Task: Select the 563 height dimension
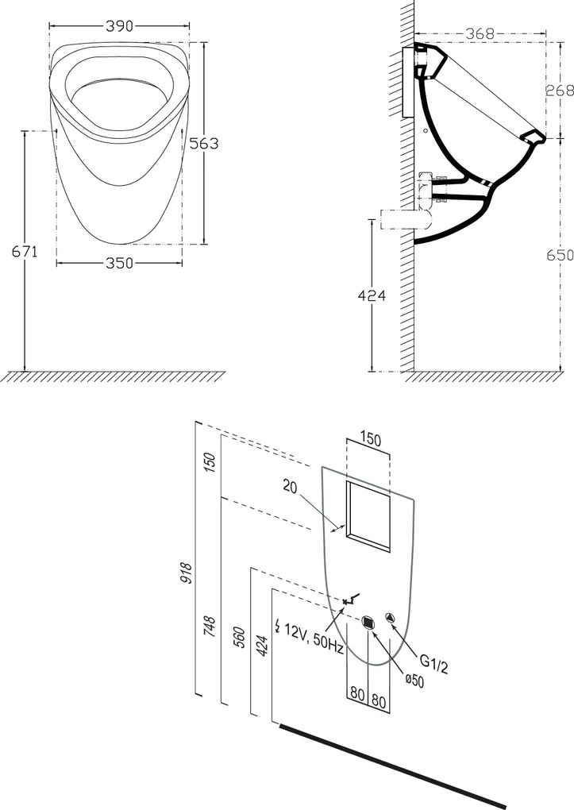pyautogui.click(x=203, y=143)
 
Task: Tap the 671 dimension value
pyautogui.click(x=24, y=252)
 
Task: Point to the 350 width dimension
pyautogui.click(x=119, y=264)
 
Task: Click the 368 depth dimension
pyautogui.click(x=480, y=33)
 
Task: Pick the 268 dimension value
pyautogui.click(x=559, y=90)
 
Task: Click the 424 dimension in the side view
pyautogui.click(x=370, y=295)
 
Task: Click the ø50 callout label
pyautogui.click(x=414, y=680)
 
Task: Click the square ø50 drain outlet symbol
pyautogui.click(x=368, y=623)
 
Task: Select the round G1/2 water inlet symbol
pyautogui.click(x=390, y=618)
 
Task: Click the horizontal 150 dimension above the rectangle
pyautogui.click(x=369, y=438)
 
